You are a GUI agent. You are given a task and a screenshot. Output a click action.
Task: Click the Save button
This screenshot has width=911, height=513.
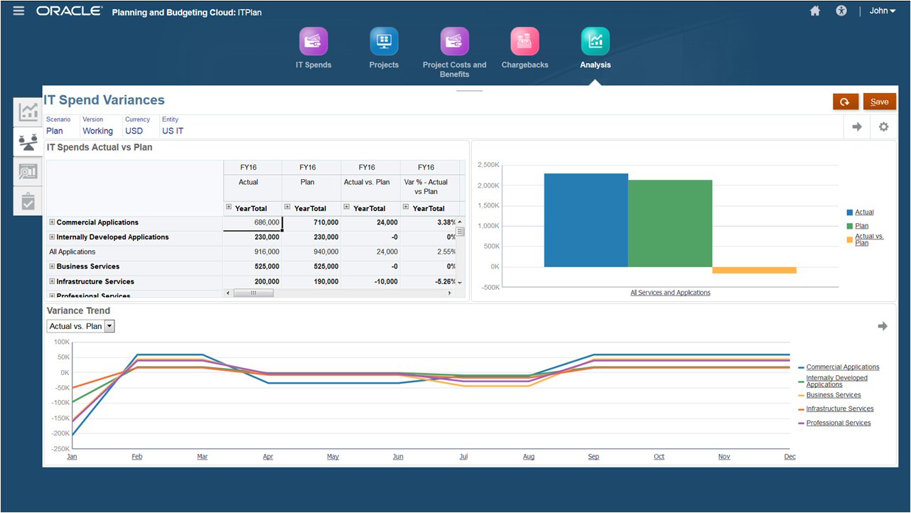(879, 102)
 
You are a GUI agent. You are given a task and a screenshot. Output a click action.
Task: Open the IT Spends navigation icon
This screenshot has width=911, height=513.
(313, 42)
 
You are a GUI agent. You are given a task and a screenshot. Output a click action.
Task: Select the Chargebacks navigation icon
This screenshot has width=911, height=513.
(524, 42)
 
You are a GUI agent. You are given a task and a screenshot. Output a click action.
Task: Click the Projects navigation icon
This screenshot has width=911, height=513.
(384, 42)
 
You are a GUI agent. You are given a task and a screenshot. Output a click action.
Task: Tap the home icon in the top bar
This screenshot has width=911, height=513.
(815, 11)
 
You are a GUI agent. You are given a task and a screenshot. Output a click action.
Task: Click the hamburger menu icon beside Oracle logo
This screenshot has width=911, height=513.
(18, 11)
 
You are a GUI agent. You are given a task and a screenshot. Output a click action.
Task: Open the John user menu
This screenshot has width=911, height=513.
(883, 11)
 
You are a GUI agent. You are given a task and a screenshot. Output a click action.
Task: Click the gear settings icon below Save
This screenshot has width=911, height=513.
(883, 127)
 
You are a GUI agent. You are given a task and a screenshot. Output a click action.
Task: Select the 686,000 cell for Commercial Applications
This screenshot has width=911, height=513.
(253, 222)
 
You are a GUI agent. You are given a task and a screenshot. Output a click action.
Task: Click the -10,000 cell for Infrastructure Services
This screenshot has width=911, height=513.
(371, 281)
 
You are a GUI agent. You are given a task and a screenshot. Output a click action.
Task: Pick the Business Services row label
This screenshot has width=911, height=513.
(88, 266)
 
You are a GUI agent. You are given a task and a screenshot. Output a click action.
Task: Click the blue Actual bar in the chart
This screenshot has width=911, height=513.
(586, 220)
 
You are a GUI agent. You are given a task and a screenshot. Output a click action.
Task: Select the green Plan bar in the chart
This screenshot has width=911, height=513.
(669, 223)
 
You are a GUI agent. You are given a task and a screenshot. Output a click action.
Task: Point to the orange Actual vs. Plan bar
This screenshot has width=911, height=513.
(754, 270)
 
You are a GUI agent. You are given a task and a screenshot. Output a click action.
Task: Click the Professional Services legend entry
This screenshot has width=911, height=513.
(838, 423)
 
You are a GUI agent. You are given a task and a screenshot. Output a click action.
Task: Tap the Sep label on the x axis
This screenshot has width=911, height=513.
(593, 457)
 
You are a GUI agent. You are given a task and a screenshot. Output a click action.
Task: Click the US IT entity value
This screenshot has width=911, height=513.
(173, 131)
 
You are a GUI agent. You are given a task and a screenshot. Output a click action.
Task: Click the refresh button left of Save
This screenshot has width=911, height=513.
(845, 102)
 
